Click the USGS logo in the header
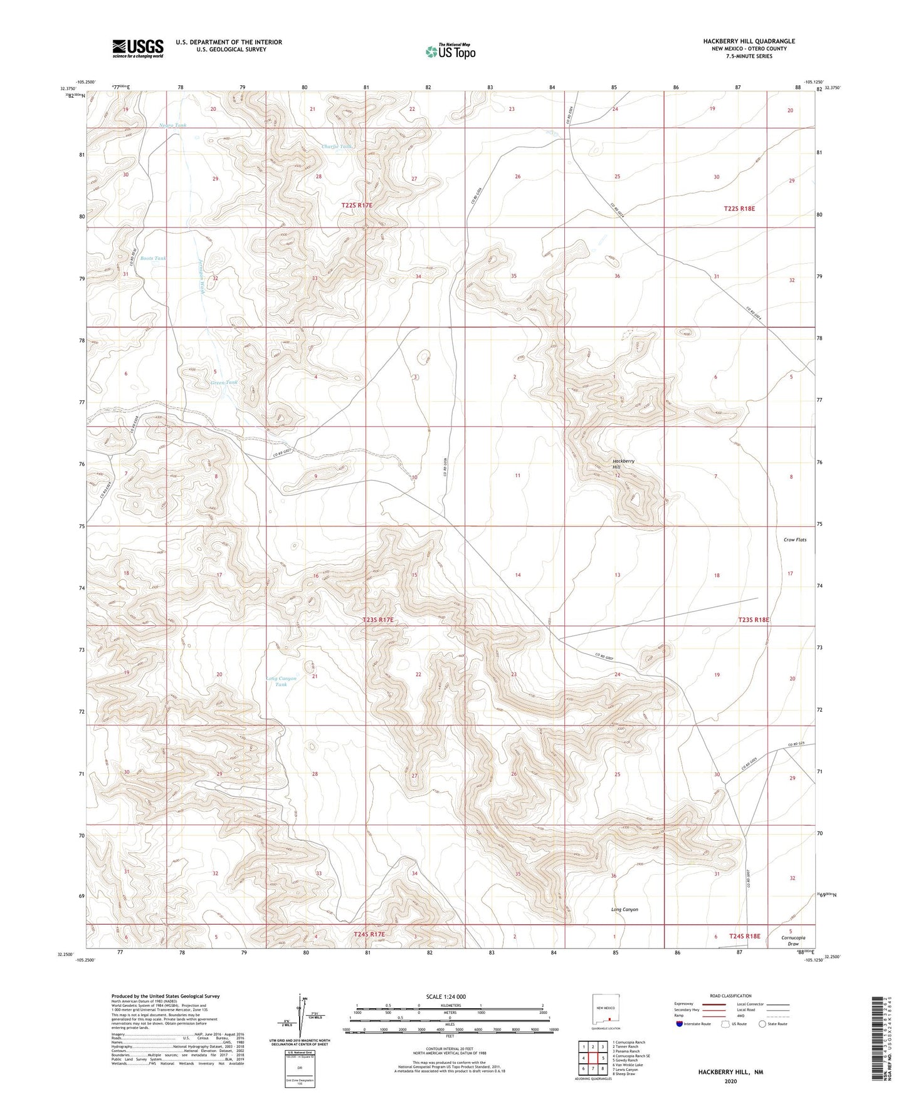pyautogui.click(x=138, y=48)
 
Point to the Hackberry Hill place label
pyautogui.click(x=624, y=464)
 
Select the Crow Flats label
pyautogui.click(x=794, y=539)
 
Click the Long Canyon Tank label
pyautogui.click(x=282, y=681)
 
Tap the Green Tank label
pyautogui.click(x=224, y=382)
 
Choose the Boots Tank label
pyautogui.click(x=153, y=258)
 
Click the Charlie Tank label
pyautogui.click(x=337, y=147)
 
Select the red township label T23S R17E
pyautogui.click(x=378, y=620)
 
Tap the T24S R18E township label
pyautogui.click(x=744, y=936)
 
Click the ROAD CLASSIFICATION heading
pyautogui.click(x=730, y=996)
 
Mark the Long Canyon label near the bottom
pyautogui.click(x=624, y=909)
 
